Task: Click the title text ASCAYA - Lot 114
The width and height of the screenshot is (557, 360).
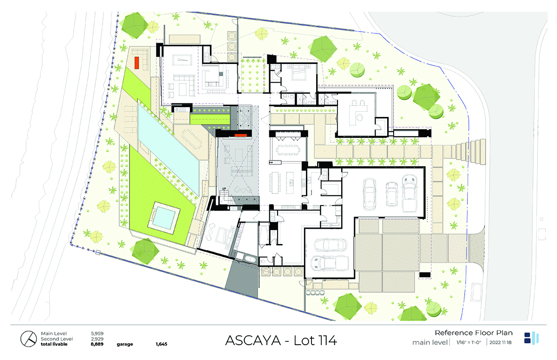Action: click(281, 341)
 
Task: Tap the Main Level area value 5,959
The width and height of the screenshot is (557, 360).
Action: click(97, 334)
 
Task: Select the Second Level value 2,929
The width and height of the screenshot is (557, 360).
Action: click(97, 339)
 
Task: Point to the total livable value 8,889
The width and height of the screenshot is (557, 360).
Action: click(97, 344)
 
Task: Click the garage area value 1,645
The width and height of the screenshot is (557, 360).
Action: click(162, 344)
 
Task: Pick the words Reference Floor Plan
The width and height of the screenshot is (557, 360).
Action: click(474, 333)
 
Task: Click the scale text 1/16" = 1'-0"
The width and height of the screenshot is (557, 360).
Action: click(469, 342)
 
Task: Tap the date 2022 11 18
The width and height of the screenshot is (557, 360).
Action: click(500, 342)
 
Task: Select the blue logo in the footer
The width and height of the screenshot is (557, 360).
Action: click(531, 338)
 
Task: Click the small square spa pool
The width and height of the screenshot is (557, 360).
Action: click(163, 218)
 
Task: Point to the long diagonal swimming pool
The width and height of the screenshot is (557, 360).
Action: click(168, 149)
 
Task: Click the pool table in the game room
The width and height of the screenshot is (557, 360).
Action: click(182, 60)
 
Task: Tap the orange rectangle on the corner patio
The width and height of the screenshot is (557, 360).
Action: click(137, 63)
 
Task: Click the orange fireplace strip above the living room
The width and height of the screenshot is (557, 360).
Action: click(241, 135)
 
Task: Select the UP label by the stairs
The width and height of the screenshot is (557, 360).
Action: click(224, 189)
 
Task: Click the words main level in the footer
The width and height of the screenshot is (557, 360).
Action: click(430, 342)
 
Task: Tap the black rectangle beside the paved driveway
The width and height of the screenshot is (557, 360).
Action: click(425, 275)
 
